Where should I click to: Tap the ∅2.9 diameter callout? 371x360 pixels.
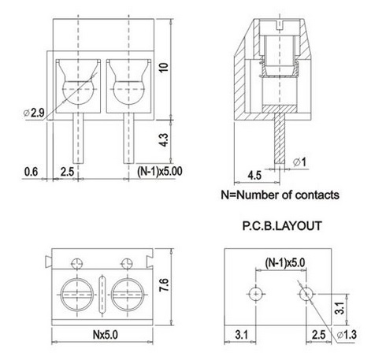[x=34, y=113]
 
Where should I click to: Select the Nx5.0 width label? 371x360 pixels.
[x=100, y=334]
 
